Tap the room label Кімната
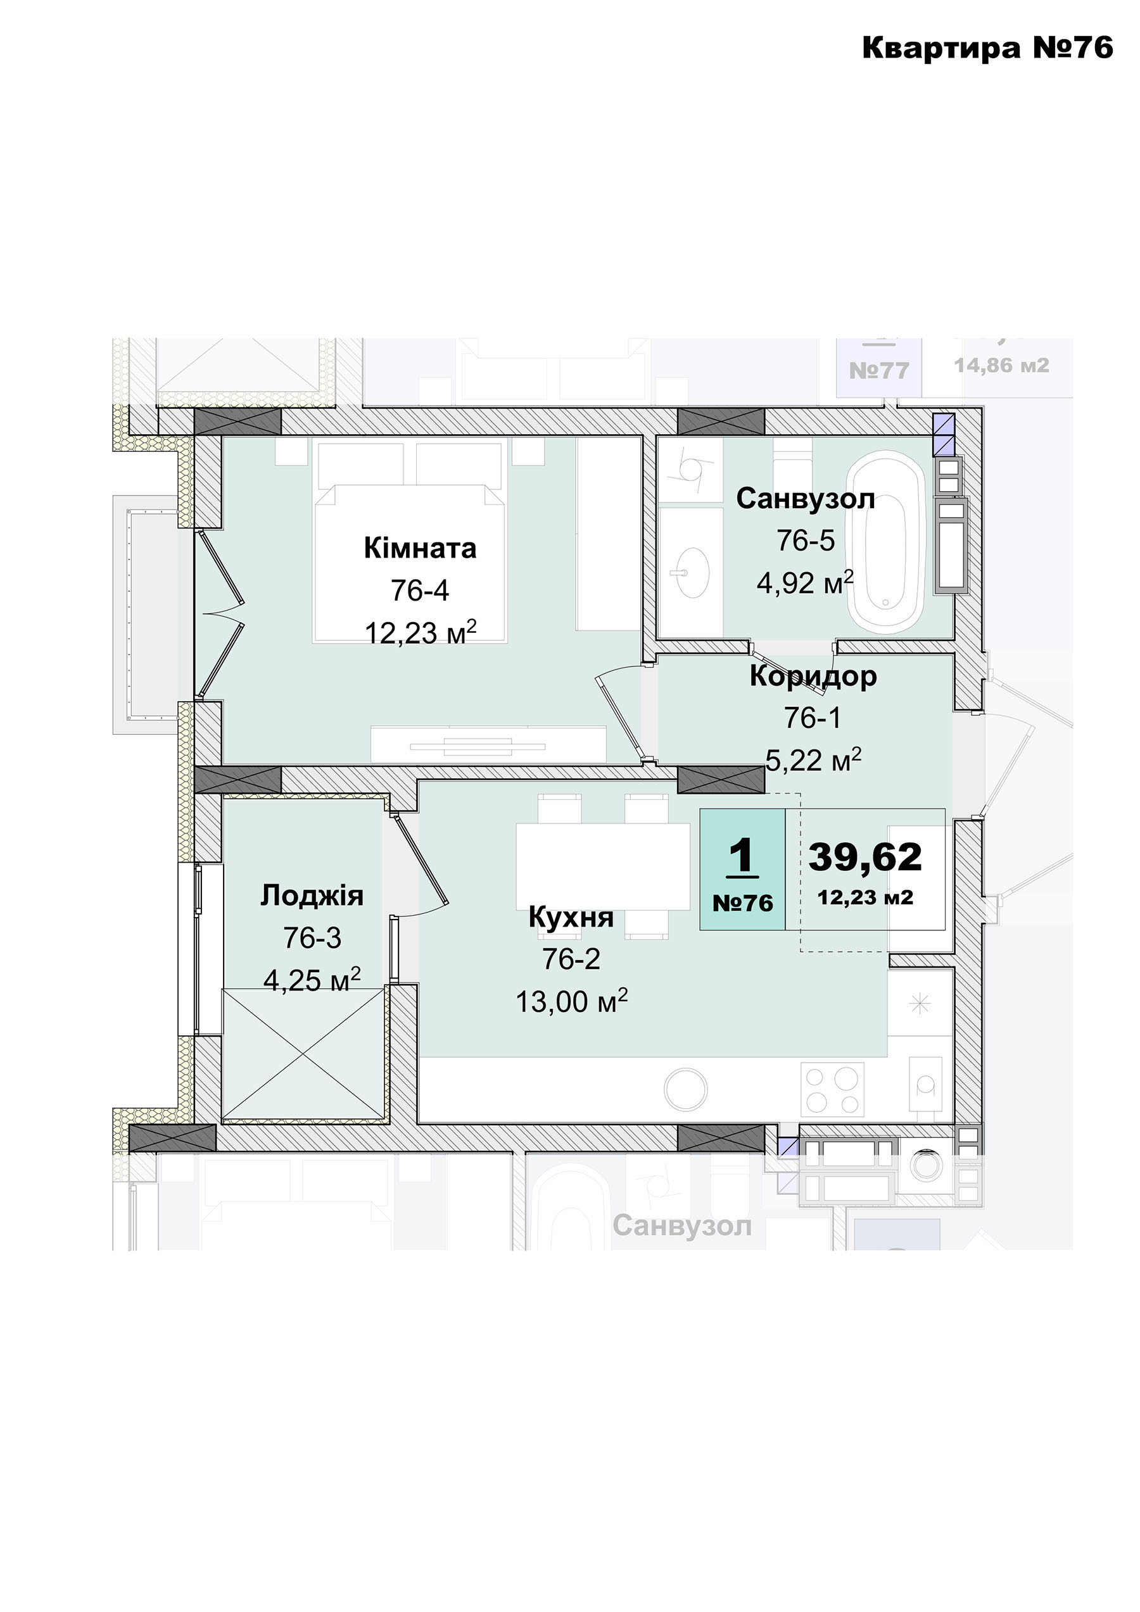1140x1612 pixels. [x=420, y=547]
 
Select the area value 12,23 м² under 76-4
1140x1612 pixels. [x=421, y=632]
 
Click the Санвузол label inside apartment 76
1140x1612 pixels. [x=806, y=499]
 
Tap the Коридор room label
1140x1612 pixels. [x=813, y=677]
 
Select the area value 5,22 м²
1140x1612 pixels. [x=813, y=759]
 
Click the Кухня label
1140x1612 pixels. [x=571, y=917]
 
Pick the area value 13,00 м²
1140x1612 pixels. [x=572, y=1001]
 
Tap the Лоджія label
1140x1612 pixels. [x=312, y=896]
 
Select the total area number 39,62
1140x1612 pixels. [x=865, y=857]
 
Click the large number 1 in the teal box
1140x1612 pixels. [x=742, y=855]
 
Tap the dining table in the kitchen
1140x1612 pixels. [x=604, y=866]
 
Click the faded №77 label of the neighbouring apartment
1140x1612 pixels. [x=880, y=370]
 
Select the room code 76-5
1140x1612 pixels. [x=806, y=540]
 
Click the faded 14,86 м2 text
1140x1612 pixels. [x=1002, y=365]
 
